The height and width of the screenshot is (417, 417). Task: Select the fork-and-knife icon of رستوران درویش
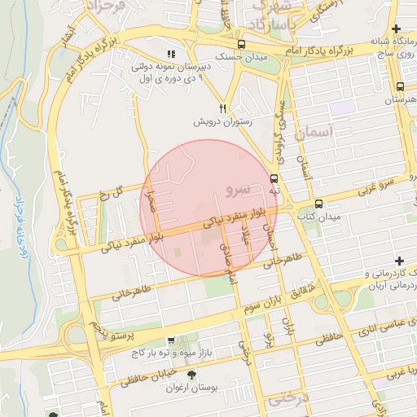222,108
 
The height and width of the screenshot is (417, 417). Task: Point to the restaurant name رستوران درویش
222,121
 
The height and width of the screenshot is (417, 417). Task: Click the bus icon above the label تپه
274,178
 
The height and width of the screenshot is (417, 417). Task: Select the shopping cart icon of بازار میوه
169,343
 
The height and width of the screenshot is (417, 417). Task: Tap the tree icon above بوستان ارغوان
191,375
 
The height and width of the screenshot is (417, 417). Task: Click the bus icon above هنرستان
399,86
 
